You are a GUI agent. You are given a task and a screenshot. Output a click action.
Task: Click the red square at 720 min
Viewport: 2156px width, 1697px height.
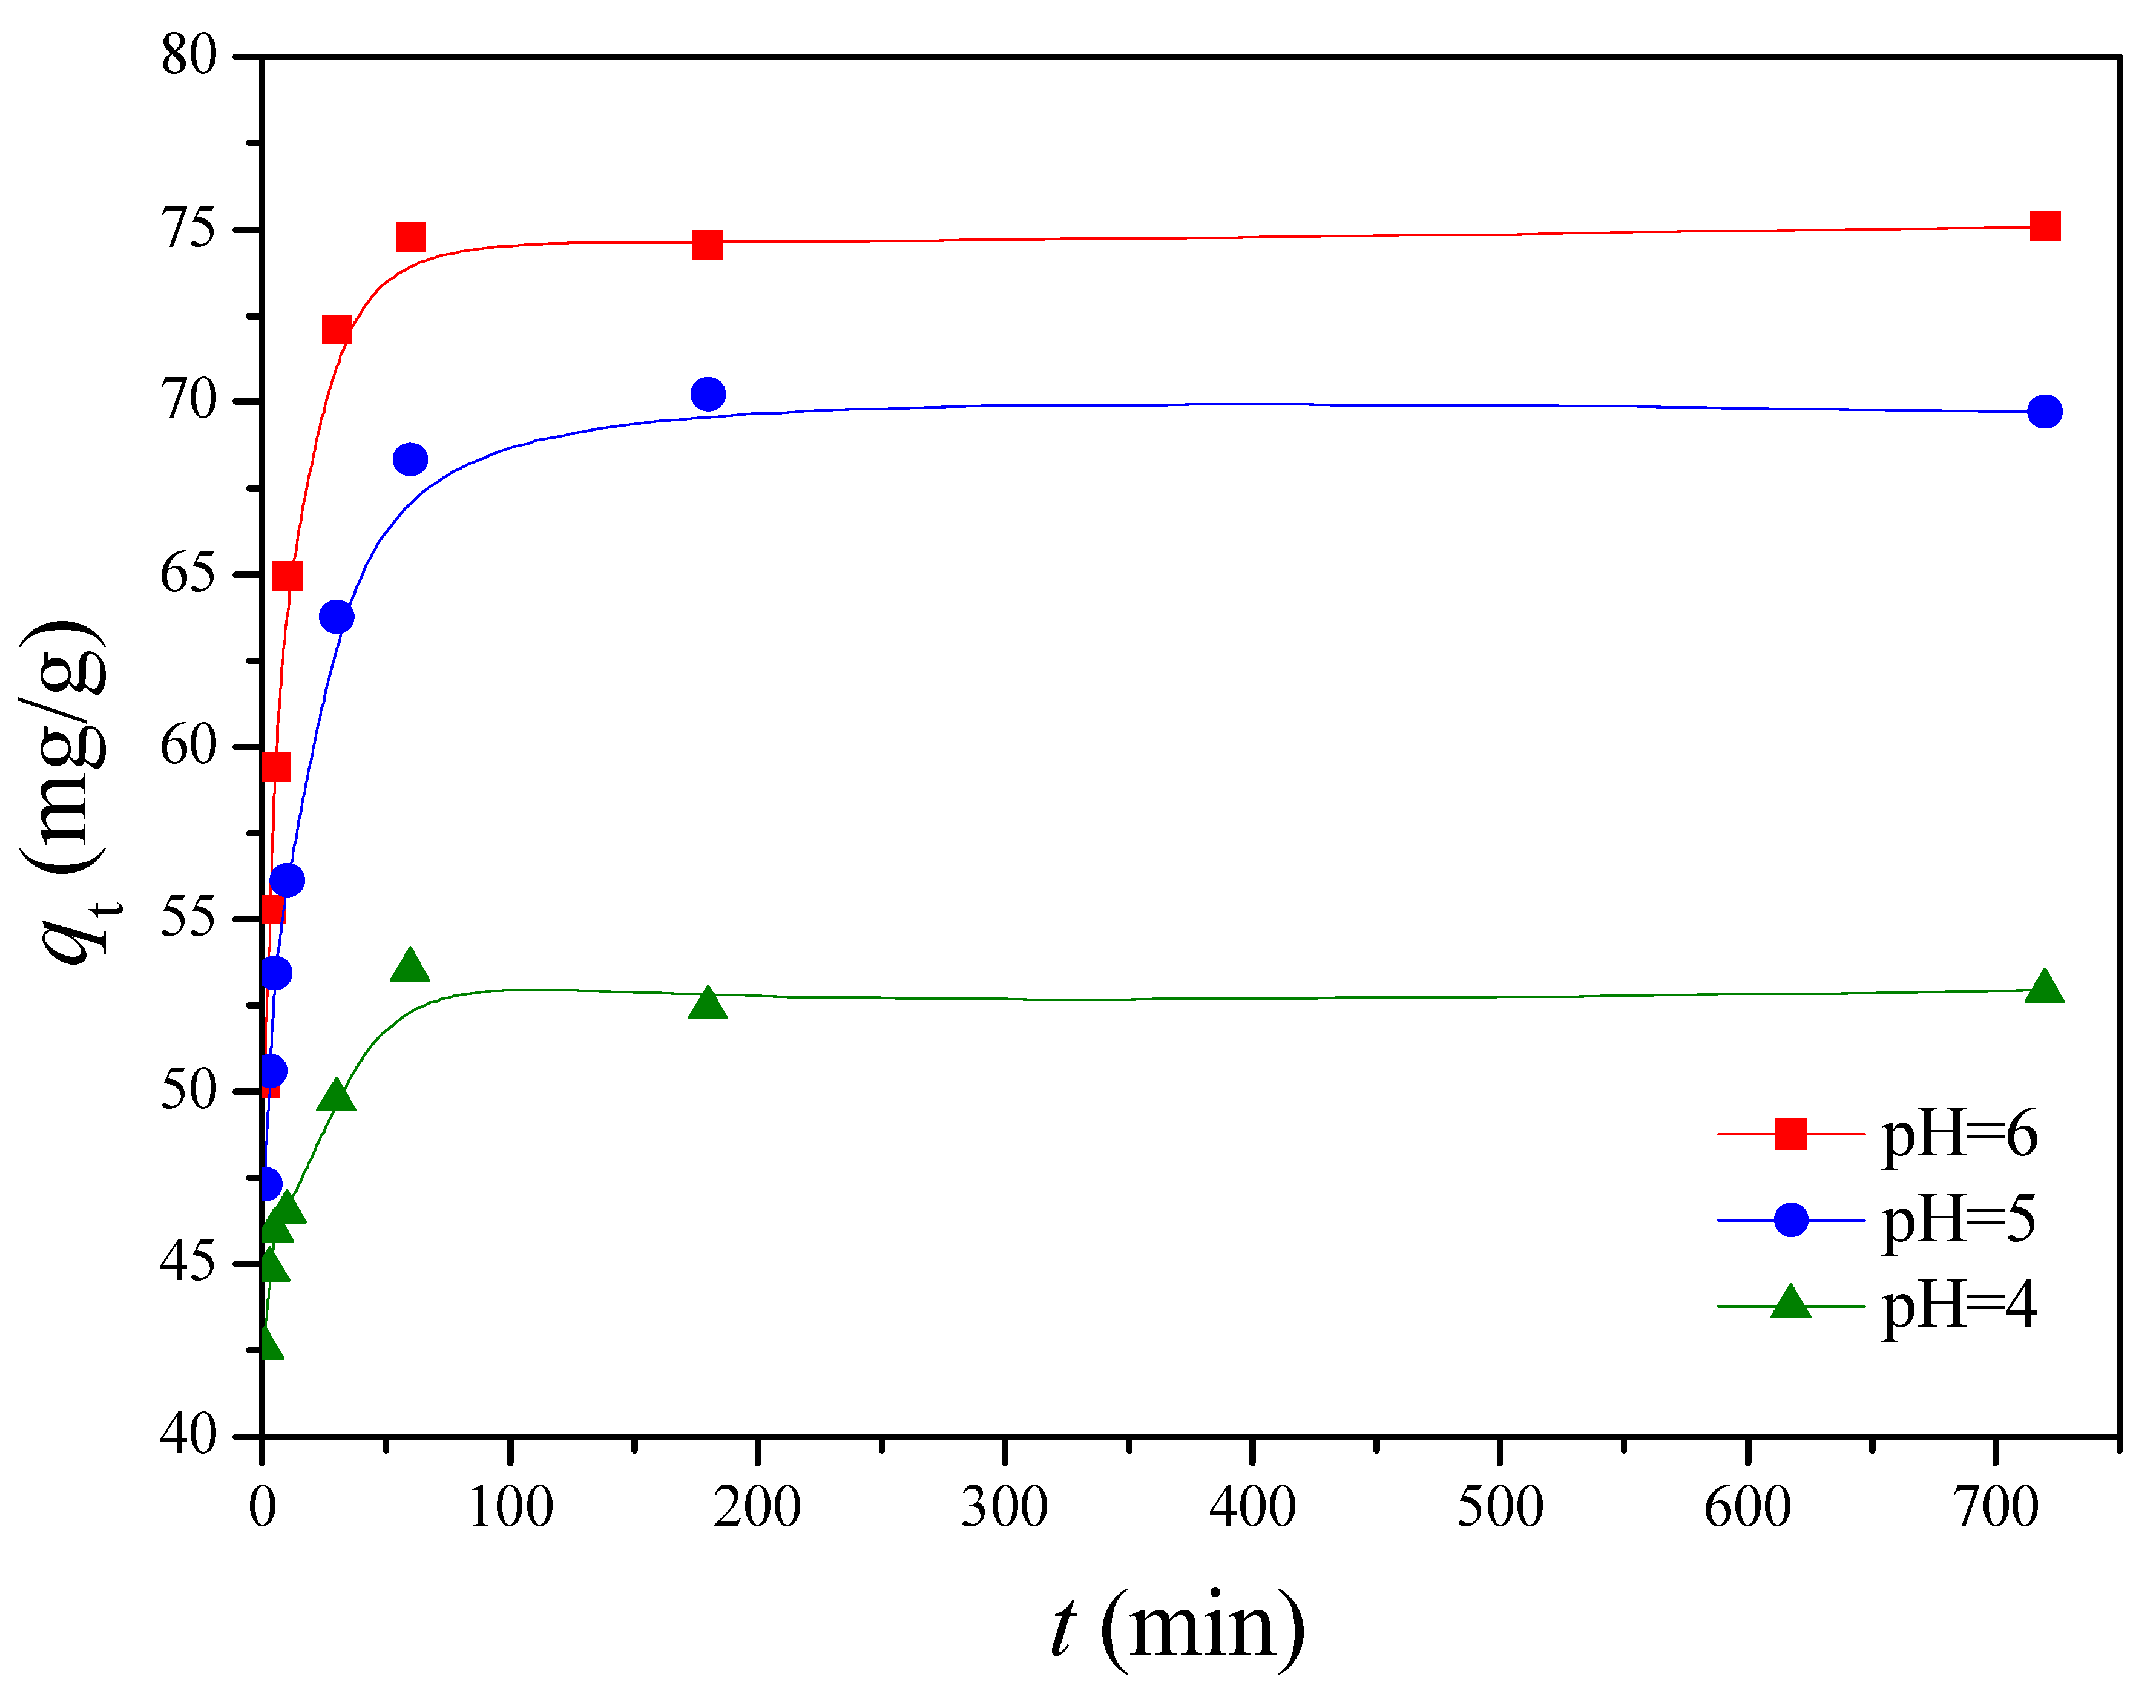pos(2045,226)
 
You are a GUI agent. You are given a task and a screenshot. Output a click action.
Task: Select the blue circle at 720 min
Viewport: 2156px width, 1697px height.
pos(2045,412)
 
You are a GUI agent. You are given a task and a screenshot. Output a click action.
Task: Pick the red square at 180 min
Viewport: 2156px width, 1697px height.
pos(708,245)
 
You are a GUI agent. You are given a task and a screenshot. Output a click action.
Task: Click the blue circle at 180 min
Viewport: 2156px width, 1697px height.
pos(708,395)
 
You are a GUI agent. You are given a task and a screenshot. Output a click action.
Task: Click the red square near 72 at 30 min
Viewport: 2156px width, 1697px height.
pos(337,330)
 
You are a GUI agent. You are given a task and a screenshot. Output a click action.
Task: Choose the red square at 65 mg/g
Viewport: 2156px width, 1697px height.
pos(287,576)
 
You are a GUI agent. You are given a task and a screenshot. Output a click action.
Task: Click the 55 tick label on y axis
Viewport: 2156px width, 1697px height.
pos(189,918)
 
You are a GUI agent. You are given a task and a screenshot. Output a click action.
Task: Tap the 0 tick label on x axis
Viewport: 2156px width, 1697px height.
pos(262,1508)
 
